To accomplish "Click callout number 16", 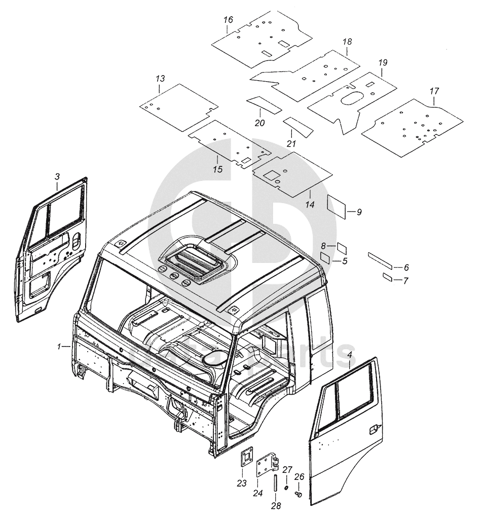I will point(228,20).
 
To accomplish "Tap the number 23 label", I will point(241,482).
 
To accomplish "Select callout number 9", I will point(359,212).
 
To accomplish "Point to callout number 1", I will point(60,347).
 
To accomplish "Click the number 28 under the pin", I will point(276,505).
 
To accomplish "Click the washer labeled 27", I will point(286,488).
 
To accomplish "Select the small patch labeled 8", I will point(342,248).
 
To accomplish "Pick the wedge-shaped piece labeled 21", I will point(298,126).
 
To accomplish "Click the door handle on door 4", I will point(372,430).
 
